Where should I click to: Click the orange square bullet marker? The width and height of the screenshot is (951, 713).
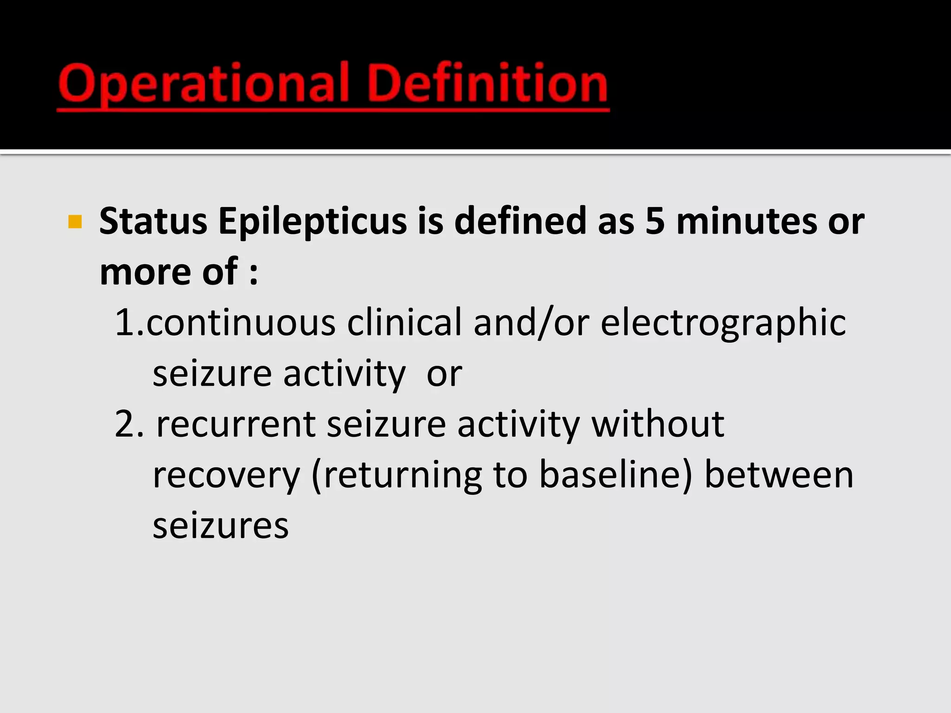click(x=75, y=222)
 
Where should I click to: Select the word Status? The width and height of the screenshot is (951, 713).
click(x=153, y=221)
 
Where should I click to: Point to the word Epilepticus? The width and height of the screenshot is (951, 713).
click(x=313, y=222)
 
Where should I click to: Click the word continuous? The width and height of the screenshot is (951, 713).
click(x=241, y=322)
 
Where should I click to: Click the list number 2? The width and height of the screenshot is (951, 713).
click(x=126, y=424)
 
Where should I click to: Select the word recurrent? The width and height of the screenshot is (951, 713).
click(x=236, y=425)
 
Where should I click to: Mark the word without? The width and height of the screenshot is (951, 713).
click(x=658, y=424)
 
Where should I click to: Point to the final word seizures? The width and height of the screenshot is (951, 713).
click(x=221, y=526)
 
